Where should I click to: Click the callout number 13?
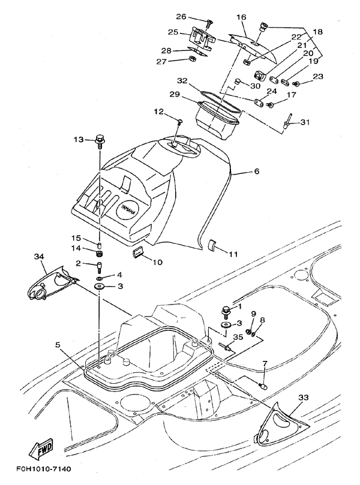(x=79, y=140)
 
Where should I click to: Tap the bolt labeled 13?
(x=98, y=141)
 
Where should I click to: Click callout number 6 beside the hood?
(x=256, y=171)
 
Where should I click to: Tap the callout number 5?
(x=58, y=345)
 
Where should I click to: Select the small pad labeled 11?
(x=212, y=245)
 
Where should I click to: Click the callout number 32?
(x=183, y=80)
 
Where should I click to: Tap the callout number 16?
(x=242, y=17)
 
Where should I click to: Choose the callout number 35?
(x=239, y=338)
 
